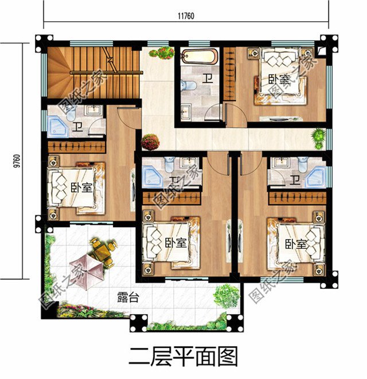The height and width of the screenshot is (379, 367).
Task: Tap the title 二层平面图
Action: (x=183, y=356)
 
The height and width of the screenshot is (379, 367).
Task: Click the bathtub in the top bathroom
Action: (x=200, y=57)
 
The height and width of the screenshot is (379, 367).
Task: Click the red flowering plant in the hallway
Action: (x=150, y=141)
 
